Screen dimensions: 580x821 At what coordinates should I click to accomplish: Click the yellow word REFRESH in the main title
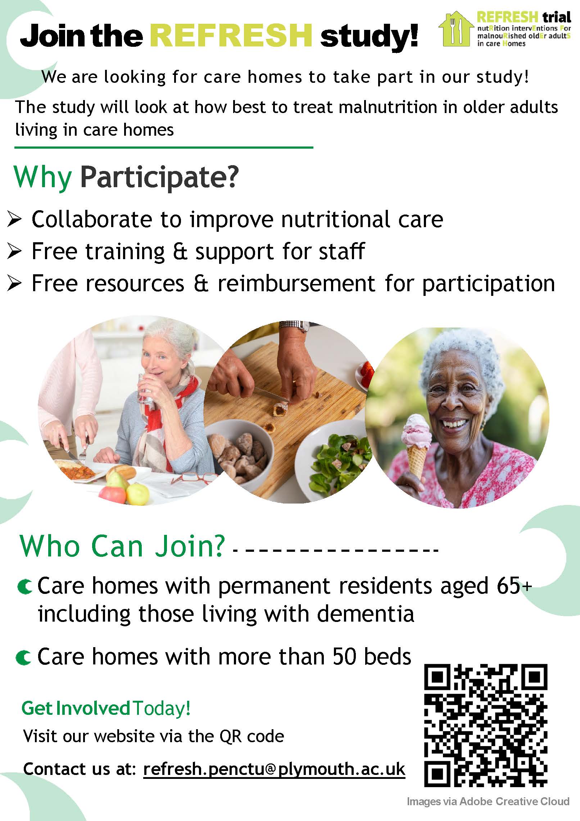[231, 36]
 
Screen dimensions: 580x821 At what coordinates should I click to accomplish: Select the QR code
[486, 725]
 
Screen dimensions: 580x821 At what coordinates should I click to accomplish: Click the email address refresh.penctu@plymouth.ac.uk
[274, 769]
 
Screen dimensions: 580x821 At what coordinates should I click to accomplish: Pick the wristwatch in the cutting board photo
[294, 326]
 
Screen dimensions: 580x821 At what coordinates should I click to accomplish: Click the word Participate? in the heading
[159, 177]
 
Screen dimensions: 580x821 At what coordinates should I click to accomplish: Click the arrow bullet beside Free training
[14, 252]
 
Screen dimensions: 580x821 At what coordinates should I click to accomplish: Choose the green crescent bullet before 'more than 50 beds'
[23, 658]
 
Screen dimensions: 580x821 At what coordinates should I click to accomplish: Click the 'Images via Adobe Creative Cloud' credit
[488, 801]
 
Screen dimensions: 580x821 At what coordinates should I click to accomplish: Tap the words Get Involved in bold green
[76, 708]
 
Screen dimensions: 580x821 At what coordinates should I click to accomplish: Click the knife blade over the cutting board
[272, 395]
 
